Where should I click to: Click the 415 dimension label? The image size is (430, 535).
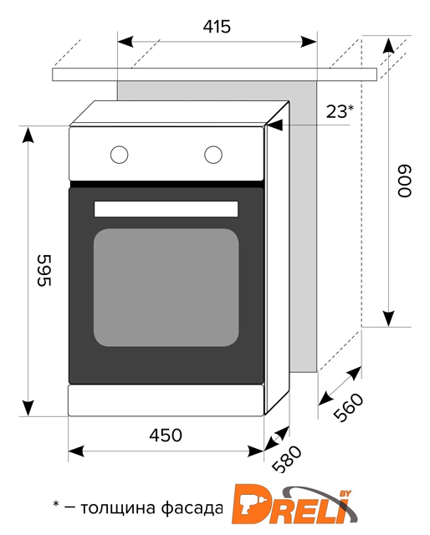217,27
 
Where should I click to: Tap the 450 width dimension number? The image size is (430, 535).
166,435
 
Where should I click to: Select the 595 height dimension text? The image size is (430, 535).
44,270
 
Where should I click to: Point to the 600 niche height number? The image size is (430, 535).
404,181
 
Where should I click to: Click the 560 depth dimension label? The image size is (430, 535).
348,407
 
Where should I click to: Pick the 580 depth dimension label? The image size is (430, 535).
287,459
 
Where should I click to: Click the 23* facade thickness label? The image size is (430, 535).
340,111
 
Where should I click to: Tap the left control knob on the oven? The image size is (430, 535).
119,155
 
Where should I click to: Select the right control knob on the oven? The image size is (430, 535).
213,155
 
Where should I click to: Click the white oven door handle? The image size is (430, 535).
166,209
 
